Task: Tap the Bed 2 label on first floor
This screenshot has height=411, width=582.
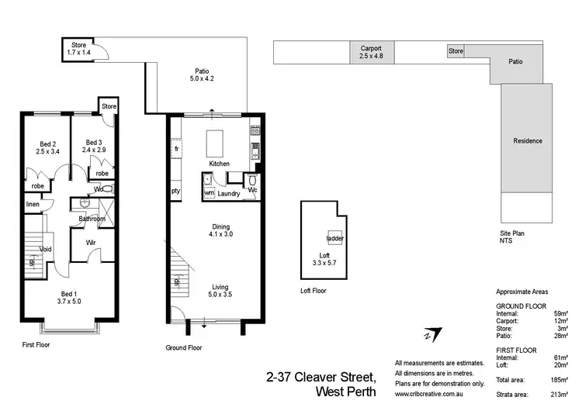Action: pyautogui.click(x=48, y=147)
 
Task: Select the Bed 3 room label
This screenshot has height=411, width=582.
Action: pyautogui.click(x=95, y=147)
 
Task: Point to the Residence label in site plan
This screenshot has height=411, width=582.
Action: pyautogui.click(x=528, y=141)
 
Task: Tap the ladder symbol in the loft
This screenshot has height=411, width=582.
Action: pyautogui.click(x=335, y=238)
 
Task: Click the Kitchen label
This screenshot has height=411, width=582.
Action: pyautogui.click(x=219, y=164)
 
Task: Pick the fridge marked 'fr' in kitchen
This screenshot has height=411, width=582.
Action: pyautogui.click(x=177, y=148)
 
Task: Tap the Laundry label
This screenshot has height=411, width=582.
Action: pyautogui.click(x=228, y=193)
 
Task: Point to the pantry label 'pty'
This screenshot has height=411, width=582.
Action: pyautogui.click(x=176, y=190)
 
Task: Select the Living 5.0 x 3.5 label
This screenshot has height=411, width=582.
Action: pyautogui.click(x=220, y=291)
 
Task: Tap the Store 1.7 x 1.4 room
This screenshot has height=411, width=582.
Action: pyautogui.click(x=79, y=48)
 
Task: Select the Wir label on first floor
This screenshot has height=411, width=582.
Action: pyautogui.click(x=92, y=242)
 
